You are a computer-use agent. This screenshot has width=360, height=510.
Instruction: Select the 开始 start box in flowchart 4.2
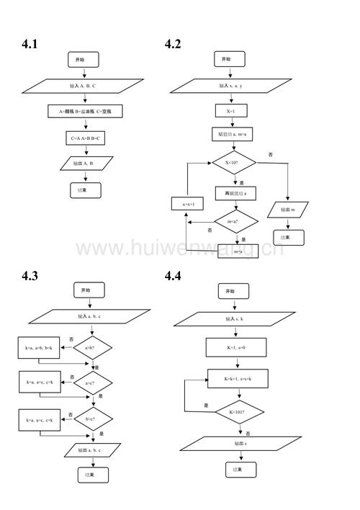pyautogui.click(x=226, y=59)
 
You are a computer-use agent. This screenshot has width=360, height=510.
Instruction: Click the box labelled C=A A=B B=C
pyautogui.click(x=86, y=138)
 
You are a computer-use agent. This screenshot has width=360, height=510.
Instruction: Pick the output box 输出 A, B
pyautogui.click(x=87, y=164)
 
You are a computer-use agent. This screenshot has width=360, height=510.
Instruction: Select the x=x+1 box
pyautogui.click(x=188, y=205)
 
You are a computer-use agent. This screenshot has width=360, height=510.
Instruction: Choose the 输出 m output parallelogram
pyautogui.click(x=287, y=210)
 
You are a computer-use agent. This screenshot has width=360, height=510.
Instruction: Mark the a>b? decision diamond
pyautogui.click(x=93, y=349)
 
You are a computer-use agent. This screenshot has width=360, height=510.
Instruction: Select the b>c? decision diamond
pyautogui.click(x=93, y=418)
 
